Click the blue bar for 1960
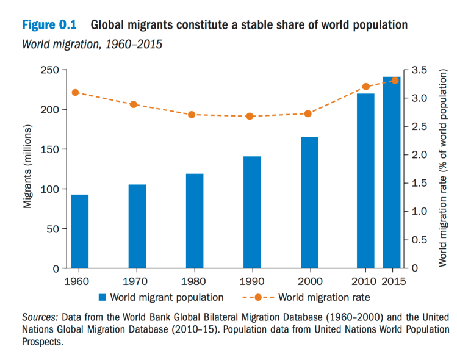point(80,231)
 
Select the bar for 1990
point(252,212)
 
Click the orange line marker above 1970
point(134,104)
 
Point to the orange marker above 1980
point(191,115)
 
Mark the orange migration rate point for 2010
point(366,87)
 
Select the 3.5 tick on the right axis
point(419,70)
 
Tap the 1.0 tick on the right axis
point(419,212)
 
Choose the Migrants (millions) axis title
point(27,169)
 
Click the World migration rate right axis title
point(444,169)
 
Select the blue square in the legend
point(103,298)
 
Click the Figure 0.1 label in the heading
point(49,26)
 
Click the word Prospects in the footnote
point(42,342)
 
